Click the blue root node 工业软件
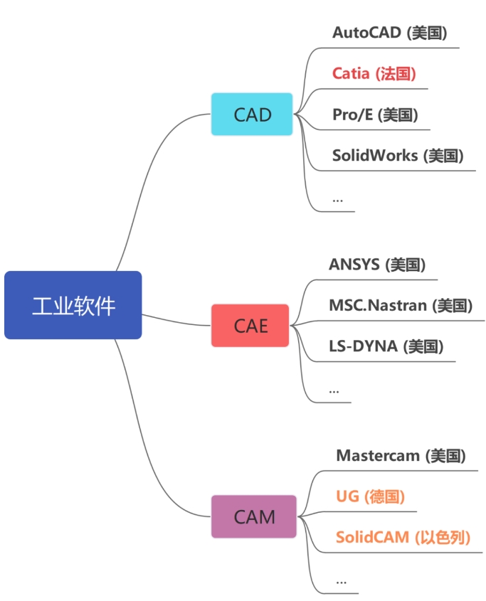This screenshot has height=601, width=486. pos(73,305)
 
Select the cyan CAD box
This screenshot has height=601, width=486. pos(252,115)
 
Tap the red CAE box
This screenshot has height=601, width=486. pos(250,326)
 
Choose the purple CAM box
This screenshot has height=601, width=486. pos(254,516)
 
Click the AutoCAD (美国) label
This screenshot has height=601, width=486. pos(390,33)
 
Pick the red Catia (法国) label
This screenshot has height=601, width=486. pos(374,73)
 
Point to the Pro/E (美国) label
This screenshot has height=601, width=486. pos(375,115)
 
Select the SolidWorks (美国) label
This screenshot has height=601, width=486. pos(398,156)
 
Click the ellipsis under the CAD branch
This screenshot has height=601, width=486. pos(337,200)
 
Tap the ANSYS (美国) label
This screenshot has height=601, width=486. pos(377,265)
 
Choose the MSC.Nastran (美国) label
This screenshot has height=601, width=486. pos(401,306)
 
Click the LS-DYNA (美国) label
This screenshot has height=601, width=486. pos(386,346)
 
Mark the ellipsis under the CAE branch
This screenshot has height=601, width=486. pos(334,391)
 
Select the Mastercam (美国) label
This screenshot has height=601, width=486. pos(401,456)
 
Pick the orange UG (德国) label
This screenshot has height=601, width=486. pos(370,496)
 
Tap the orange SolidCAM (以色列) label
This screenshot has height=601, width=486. pos(403,538)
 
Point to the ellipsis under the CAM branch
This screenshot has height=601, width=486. pos(342,583)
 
